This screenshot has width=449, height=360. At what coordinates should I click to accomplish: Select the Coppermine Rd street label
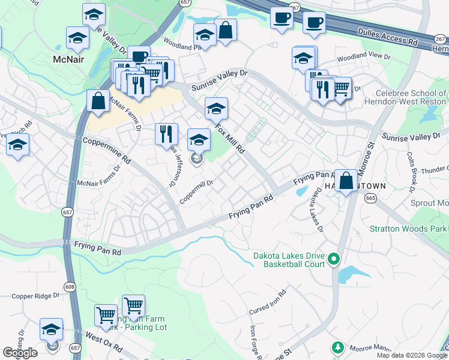[106, 149]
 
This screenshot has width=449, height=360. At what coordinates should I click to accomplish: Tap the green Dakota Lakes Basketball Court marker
[334, 260]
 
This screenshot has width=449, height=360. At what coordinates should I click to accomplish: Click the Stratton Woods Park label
[408, 229]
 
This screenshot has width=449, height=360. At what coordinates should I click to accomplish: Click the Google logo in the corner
[20, 353]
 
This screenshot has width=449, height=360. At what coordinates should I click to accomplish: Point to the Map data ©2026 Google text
[412, 355]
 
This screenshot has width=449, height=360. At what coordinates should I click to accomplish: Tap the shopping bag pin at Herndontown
[346, 180]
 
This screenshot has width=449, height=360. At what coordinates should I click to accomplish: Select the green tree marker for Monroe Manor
[338, 347]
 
